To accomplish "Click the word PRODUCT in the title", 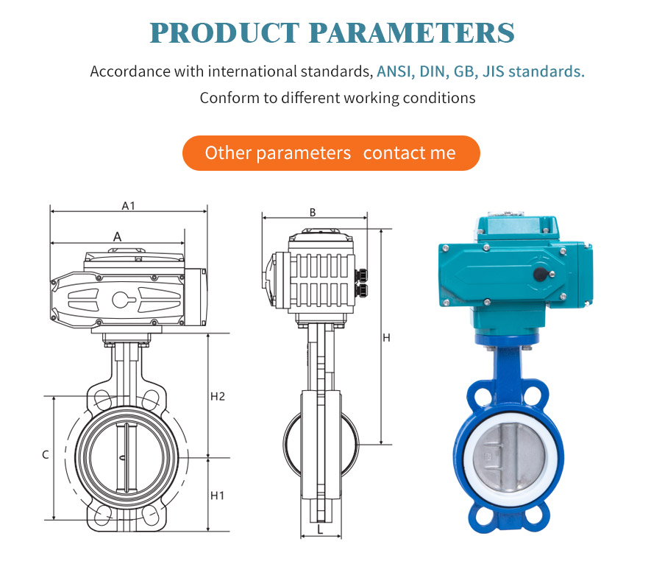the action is (x=224, y=33).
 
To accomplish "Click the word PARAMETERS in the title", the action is (x=412, y=33).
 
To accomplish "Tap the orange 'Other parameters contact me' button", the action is (x=331, y=153).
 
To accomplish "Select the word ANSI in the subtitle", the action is (x=394, y=71).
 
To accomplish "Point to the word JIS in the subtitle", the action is (x=493, y=71).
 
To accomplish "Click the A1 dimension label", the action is (x=128, y=205).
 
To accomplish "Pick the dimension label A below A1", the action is (x=118, y=237).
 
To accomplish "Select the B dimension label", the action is (x=313, y=213).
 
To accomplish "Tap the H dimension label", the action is (x=386, y=338).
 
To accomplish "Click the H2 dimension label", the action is (x=218, y=396).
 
